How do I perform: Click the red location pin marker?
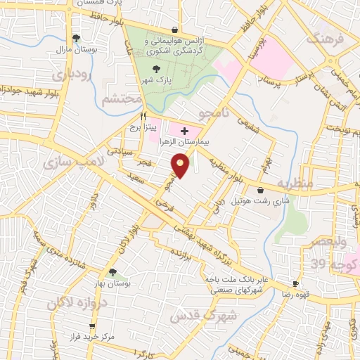(x=181, y=166)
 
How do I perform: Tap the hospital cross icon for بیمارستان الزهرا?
(x=185, y=131)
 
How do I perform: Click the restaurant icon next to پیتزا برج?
(x=143, y=115)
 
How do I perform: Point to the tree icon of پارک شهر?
(x=156, y=68)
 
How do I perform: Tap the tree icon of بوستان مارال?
(x=75, y=38)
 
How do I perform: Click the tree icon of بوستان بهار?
(x=112, y=272)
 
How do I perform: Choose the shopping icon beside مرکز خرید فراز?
(x=93, y=326)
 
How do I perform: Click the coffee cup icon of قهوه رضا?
(x=295, y=285)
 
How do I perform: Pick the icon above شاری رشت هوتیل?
(x=261, y=190)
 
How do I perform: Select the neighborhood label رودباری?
(x=70, y=72)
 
